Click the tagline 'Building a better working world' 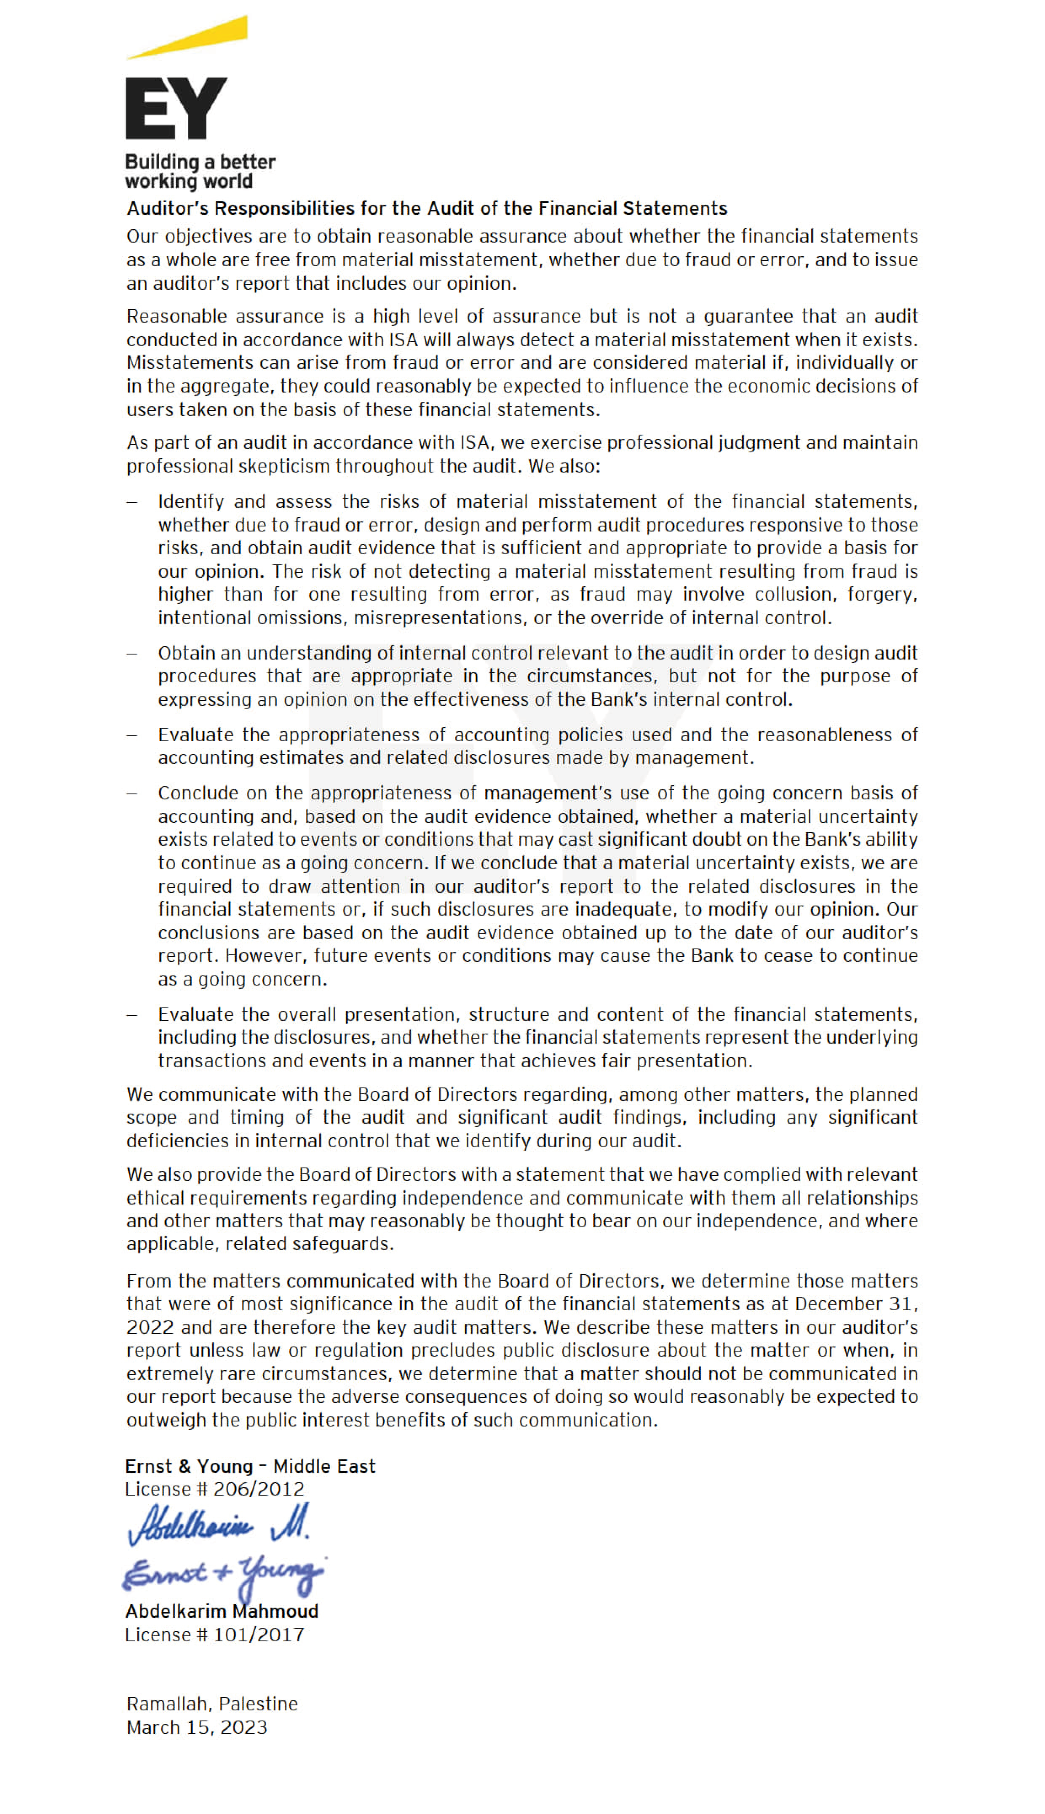(200, 171)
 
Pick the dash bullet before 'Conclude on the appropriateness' (132, 793)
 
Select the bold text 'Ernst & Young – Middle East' (250, 1466)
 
